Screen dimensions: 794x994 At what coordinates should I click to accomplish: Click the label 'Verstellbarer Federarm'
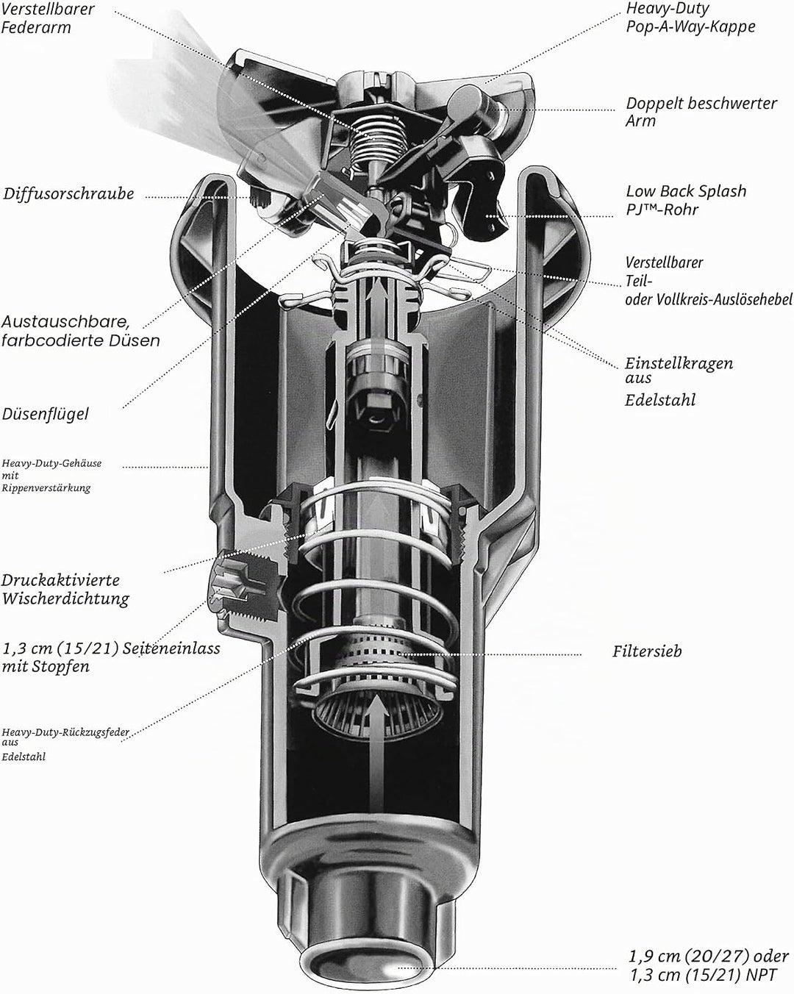(48, 18)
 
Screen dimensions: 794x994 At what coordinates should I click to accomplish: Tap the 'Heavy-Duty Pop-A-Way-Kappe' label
(690, 17)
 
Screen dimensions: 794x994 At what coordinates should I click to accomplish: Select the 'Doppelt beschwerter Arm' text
(701, 112)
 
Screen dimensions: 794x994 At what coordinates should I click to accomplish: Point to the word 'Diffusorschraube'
(68, 193)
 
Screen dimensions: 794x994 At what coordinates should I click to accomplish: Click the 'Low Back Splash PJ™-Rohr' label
(686, 200)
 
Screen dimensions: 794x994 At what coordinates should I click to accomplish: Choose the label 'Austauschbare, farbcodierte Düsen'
(81, 331)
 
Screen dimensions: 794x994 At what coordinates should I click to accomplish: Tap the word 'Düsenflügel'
(46, 414)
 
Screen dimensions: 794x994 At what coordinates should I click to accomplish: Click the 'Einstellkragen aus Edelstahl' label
(679, 382)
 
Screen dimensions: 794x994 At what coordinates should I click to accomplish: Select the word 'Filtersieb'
(647, 651)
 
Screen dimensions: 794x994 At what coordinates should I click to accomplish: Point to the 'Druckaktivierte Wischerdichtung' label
(65, 590)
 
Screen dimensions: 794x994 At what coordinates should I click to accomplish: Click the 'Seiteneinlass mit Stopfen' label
(111, 657)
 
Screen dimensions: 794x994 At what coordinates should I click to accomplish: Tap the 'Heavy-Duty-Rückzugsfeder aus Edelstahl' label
(65, 744)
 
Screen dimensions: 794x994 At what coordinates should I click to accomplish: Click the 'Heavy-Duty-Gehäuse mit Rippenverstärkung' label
(51, 475)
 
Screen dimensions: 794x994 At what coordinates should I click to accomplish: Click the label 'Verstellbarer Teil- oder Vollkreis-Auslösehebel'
(709, 281)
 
